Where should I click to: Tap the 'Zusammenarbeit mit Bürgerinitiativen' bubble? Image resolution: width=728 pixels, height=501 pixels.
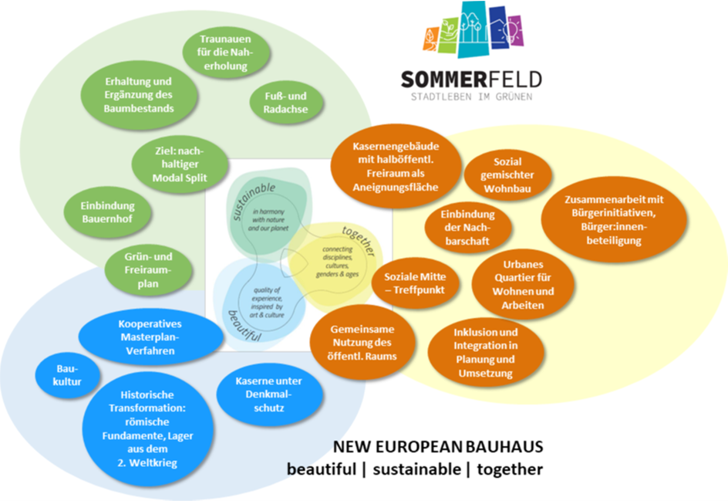point(614,219)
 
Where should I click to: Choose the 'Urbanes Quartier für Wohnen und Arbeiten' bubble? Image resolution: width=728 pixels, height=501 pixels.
point(524,285)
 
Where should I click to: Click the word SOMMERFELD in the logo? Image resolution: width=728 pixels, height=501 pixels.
point(471,80)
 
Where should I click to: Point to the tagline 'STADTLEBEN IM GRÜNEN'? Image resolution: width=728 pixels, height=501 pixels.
point(471,97)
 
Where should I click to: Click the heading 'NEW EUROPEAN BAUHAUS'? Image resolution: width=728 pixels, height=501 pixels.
point(438,448)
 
